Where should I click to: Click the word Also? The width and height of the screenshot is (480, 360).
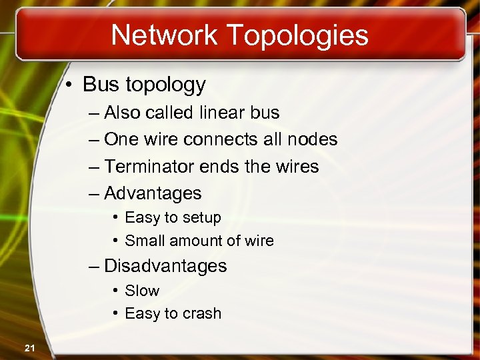[x=124, y=113]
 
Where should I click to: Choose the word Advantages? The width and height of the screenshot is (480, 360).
[x=153, y=193]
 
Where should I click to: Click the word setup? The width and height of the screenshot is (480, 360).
[x=201, y=218]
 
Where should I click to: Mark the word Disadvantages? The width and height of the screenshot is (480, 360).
[x=165, y=266]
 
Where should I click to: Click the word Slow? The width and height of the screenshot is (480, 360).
[x=142, y=291]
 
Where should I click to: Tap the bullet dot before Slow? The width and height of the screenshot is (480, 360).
[x=115, y=291]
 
